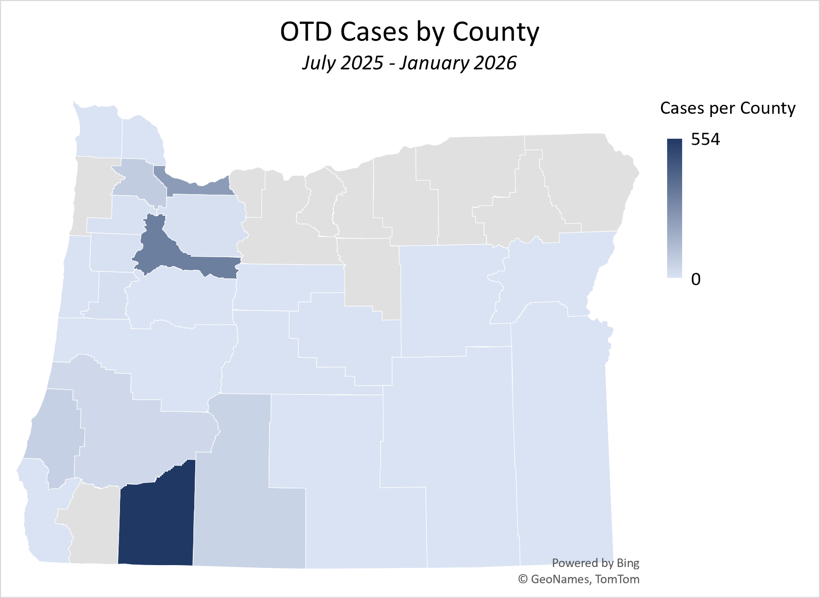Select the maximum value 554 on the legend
705,140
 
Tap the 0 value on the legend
696,279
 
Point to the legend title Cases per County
727,108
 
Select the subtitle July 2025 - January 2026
409,63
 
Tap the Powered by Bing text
595,563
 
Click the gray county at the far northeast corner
588,183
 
